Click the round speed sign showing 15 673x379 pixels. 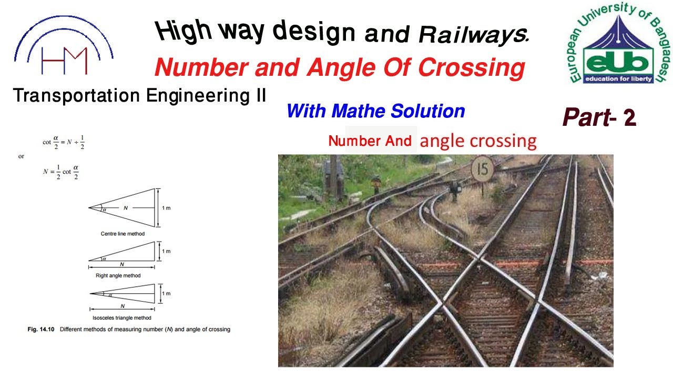pos(482,169)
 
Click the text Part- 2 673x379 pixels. pos(599,117)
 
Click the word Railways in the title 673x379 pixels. pos(474,35)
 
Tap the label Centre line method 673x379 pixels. pos(123,233)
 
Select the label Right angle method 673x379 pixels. pos(118,275)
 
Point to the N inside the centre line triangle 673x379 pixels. pos(126,208)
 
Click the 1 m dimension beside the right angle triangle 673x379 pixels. pos(166,251)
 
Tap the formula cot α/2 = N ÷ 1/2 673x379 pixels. pos(64,142)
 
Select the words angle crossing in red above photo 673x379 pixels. pos(478,141)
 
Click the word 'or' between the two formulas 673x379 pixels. pos(21,156)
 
